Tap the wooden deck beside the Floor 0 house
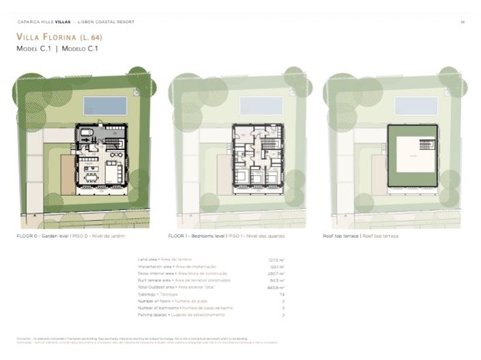pos(67,173)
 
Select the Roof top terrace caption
pos(361,236)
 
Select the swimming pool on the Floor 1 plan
pos(261,106)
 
